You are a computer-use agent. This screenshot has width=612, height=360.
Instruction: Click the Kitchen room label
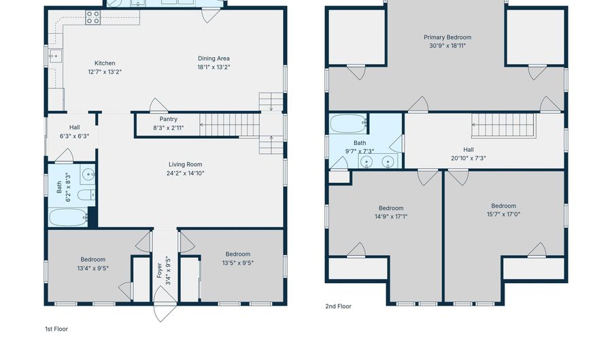(105, 63)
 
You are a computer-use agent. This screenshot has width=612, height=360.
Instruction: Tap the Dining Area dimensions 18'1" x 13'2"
(214, 67)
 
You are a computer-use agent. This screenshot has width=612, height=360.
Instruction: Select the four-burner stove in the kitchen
(93, 18)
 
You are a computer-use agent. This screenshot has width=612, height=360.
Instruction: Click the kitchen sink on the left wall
(56, 56)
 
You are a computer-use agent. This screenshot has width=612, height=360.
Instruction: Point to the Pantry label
(168, 119)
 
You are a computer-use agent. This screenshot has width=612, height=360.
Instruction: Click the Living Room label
(186, 165)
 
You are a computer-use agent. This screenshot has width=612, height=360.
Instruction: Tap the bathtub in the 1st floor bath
(68, 218)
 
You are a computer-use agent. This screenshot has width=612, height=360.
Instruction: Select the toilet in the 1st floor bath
(86, 195)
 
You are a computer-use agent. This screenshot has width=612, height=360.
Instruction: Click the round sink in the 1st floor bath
(88, 174)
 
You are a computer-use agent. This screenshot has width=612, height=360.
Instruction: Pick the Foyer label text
(159, 270)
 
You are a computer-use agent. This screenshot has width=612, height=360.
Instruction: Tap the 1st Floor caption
(56, 329)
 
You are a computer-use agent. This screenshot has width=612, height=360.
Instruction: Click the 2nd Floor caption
(339, 306)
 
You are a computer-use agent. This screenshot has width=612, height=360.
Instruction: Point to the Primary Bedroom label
(447, 37)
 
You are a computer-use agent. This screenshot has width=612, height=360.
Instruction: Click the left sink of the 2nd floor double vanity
(366, 162)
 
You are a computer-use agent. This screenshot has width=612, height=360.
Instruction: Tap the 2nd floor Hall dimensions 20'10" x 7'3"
(469, 158)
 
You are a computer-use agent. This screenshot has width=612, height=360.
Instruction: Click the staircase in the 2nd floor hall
(503, 125)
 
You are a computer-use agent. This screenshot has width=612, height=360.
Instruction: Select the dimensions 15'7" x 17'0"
(503, 214)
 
